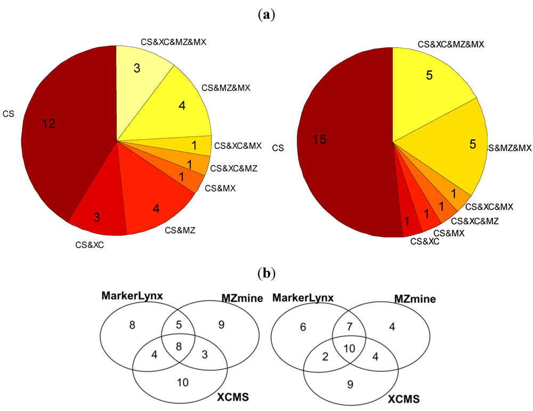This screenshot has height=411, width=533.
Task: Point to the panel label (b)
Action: pyautogui.click(x=266, y=274)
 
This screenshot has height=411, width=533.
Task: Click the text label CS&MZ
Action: pyautogui.click(x=179, y=230)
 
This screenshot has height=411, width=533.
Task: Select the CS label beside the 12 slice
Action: pyautogui.click(x=9, y=113)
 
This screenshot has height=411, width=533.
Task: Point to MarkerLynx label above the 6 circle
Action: pyautogui.click(x=303, y=297)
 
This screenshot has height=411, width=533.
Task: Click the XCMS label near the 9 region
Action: pyautogui.click(x=403, y=398)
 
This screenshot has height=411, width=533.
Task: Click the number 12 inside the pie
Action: pyautogui.click(x=49, y=123)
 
